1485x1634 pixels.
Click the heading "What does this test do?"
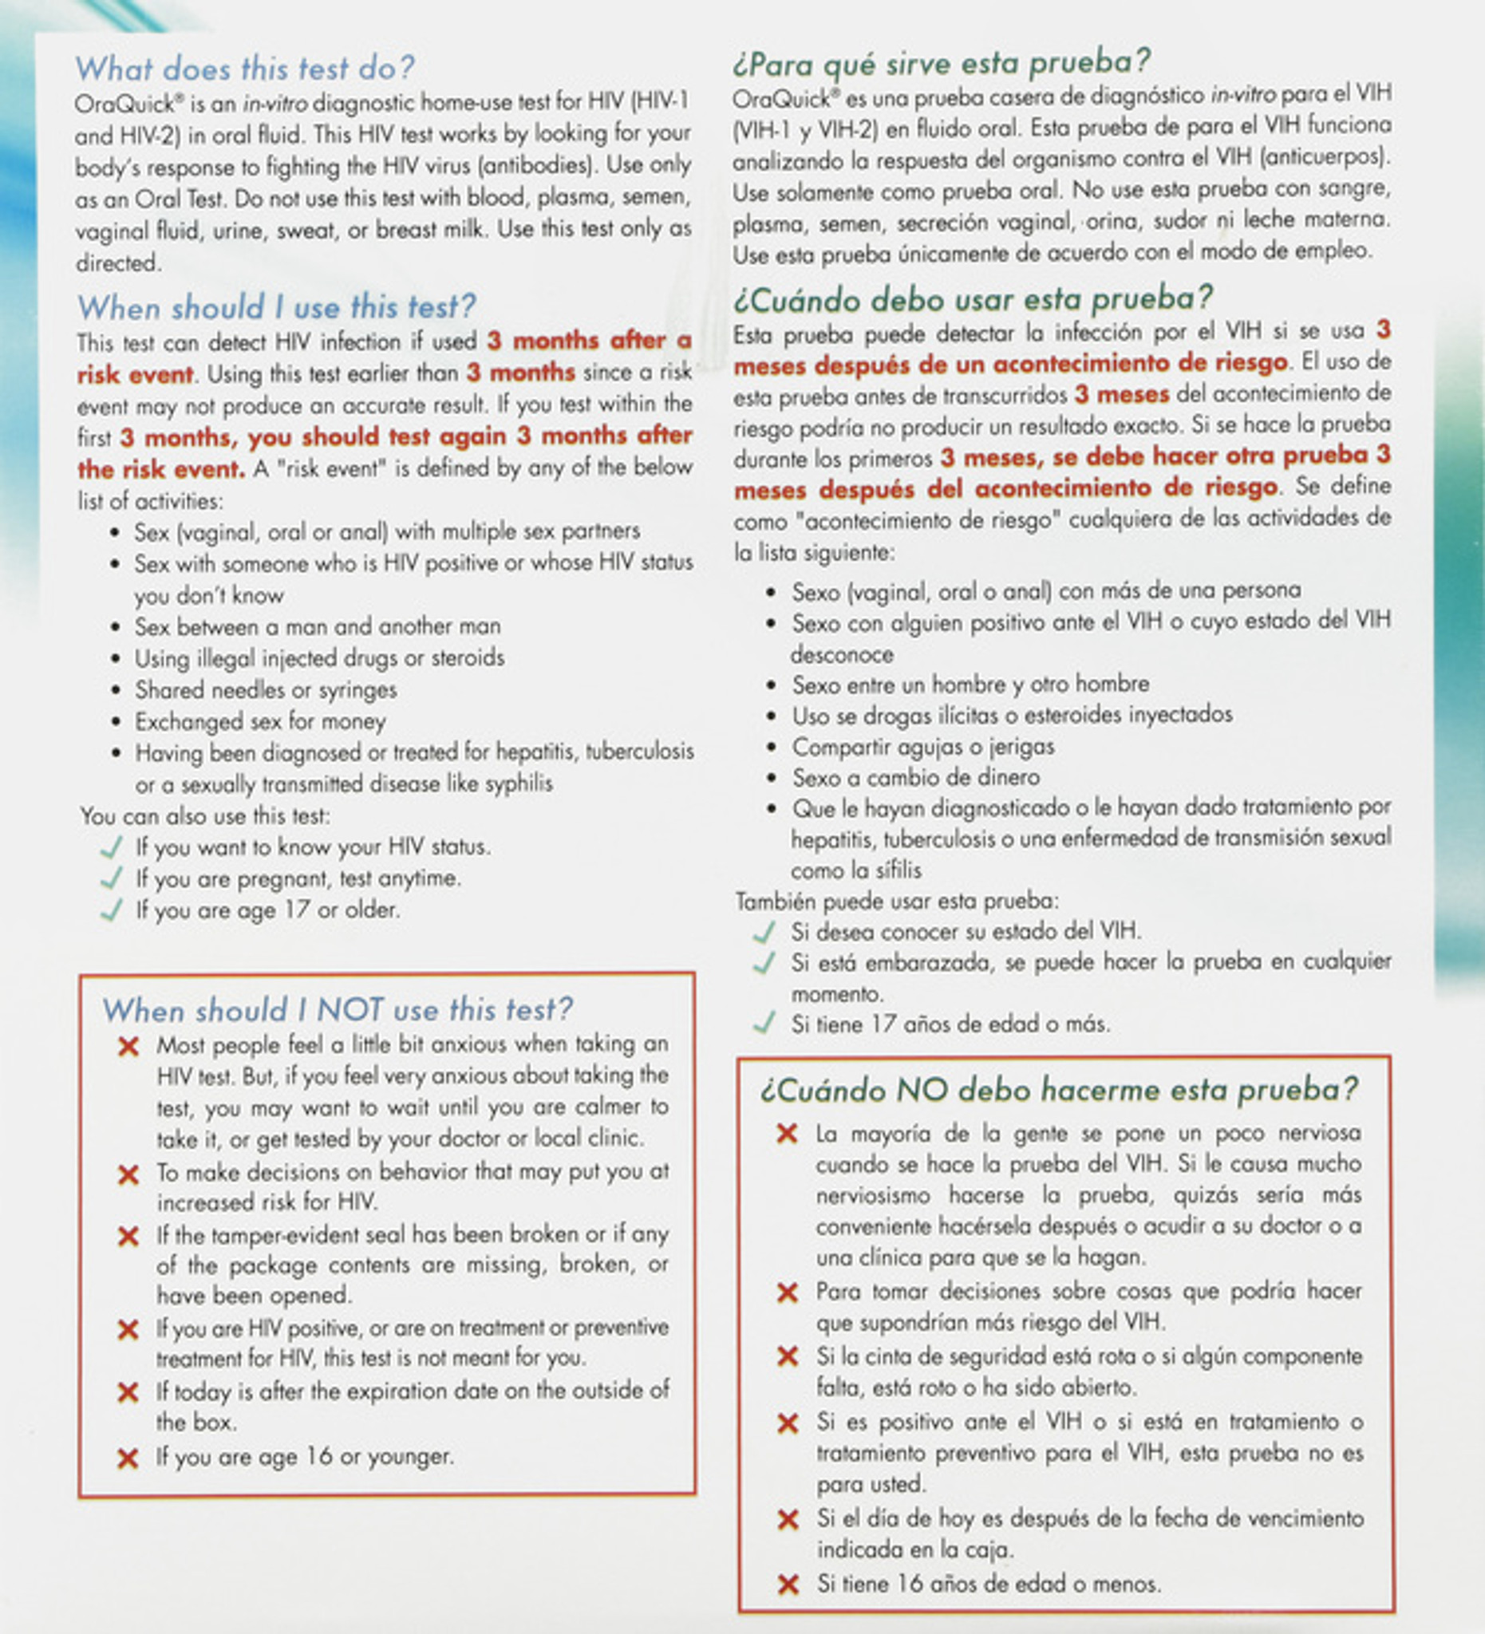[245, 69]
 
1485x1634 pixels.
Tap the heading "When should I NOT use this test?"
[338, 1010]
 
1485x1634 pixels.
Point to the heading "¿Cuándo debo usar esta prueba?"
[973, 300]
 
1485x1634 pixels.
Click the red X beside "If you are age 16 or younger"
[128, 1459]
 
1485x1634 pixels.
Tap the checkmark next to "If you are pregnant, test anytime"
[111, 878]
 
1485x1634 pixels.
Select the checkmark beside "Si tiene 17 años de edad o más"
[764, 1023]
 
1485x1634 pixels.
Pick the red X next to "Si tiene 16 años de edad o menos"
[787, 1585]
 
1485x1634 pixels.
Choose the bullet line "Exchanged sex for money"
[260, 721]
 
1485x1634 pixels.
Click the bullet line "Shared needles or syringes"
[266, 690]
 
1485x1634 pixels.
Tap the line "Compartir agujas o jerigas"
[923, 747]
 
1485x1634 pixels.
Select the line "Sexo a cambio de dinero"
[916, 777]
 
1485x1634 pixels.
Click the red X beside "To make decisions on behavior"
[128, 1174]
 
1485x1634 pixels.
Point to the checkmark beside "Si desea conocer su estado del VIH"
[764, 933]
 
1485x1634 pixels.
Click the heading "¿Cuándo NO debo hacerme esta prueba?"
[1059, 1090]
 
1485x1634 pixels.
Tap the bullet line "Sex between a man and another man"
[318, 626]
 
